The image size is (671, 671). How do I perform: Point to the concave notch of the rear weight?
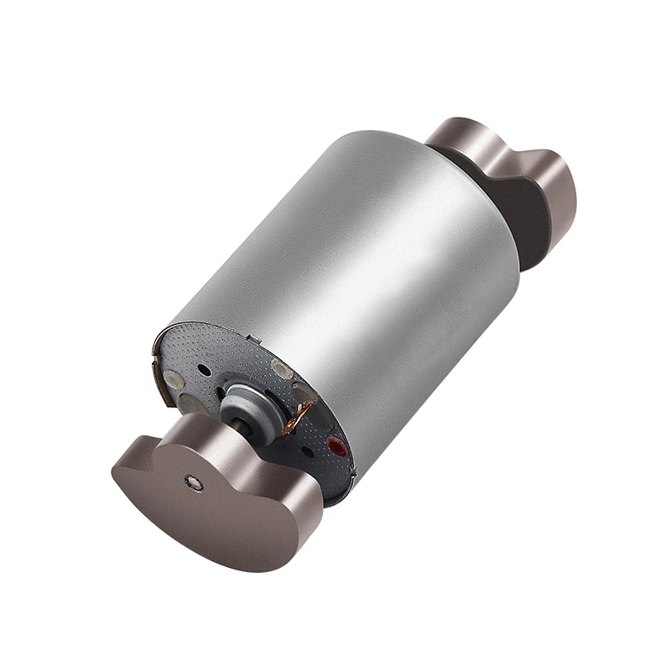coord(495,159)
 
